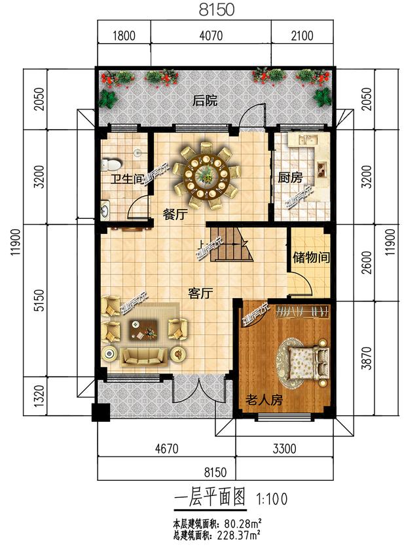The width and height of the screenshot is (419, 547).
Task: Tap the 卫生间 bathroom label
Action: point(122,179)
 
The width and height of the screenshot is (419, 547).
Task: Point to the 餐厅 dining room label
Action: point(175,213)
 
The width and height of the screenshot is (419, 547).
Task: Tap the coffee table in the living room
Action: point(144,330)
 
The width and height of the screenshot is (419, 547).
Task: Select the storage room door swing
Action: point(301,285)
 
